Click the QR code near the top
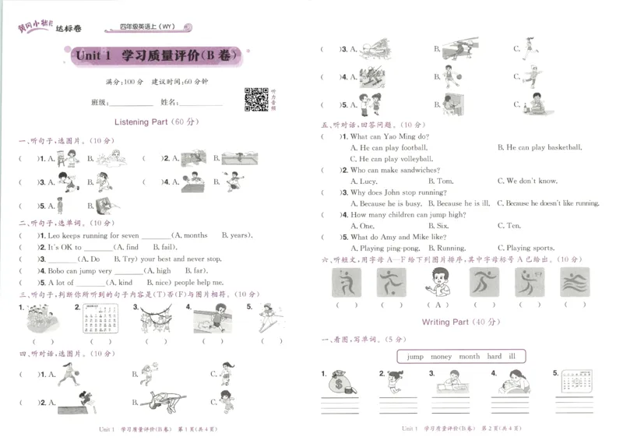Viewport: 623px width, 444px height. pyautogui.click(x=257, y=100)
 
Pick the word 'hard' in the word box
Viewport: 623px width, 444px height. pyautogui.click(x=494, y=356)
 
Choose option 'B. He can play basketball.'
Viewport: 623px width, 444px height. pyautogui.click(x=539, y=147)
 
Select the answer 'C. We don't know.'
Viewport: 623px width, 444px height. pyautogui.click(x=532, y=181)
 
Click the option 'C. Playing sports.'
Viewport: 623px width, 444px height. pyautogui.click(x=531, y=248)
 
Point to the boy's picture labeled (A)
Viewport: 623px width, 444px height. pyautogui.click(x=439, y=282)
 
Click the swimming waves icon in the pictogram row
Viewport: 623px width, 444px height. pyautogui.click(x=575, y=281)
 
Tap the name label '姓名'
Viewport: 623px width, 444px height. pyautogui.click(x=169, y=102)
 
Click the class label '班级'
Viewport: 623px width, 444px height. pyautogui.click(x=99, y=102)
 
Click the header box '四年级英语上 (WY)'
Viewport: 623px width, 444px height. pyautogui.click(x=147, y=26)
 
